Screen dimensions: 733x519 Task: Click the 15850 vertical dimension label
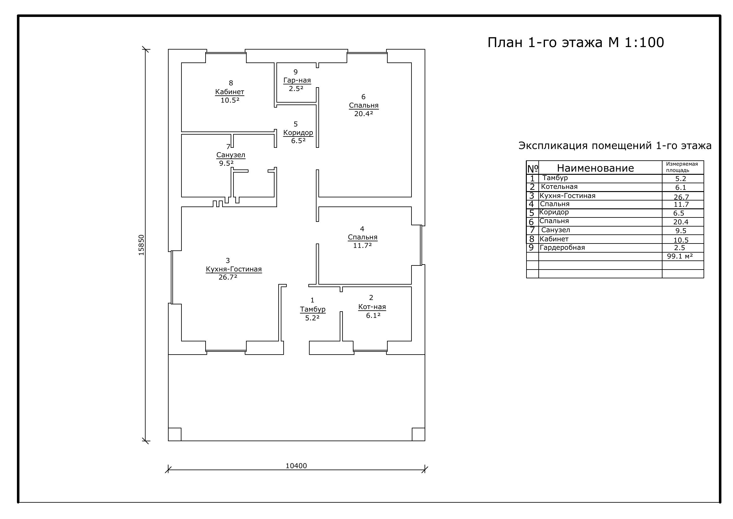tap(141, 245)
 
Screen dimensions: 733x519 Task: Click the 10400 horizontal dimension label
tap(296, 466)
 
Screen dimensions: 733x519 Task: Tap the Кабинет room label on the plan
tap(229, 92)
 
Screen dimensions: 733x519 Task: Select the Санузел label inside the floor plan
tap(231, 155)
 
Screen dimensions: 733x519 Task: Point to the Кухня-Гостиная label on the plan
tap(234, 269)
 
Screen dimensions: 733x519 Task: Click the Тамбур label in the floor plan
tap(313, 309)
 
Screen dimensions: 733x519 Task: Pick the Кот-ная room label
tap(372, 307)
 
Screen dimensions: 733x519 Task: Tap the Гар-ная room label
tap(297, 81)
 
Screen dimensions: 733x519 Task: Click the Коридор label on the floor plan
tap(298, 133)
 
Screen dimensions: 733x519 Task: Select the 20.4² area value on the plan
tap(364, 114)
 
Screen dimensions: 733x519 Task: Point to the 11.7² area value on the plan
tap(362, 245)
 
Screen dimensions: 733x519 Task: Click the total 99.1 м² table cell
tap(680, 256)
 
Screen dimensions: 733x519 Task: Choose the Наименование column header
tap(595, 168)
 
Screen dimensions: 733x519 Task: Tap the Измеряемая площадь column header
tap(682, 167)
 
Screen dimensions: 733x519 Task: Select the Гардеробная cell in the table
tap(562, 248)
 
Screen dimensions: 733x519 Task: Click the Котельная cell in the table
tap(559, 187)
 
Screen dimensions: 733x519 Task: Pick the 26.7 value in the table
tap(681, 197)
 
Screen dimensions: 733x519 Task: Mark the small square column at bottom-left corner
tap(175, 434)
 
